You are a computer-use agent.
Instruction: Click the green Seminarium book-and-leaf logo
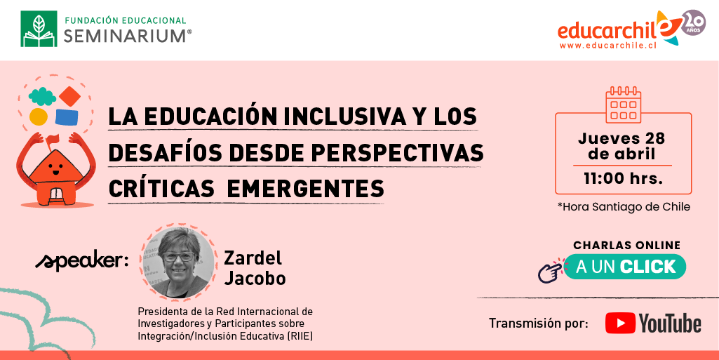[x=39, y=29]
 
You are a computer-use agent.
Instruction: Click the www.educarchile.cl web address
[x=609, y=46]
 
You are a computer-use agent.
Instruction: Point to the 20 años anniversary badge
[x=693, y=22]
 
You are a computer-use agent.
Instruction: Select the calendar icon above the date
[x=623, y=105]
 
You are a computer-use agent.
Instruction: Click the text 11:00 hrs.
[x=623, y=178]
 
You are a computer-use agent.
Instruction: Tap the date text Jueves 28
[x=621, y=138]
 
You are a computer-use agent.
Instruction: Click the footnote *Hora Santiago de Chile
[x=624, y=207]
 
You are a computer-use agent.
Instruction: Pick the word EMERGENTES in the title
[x=305, y=189]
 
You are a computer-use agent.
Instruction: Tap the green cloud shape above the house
[x=42, y=96]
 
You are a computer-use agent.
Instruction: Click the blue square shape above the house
[x=67, y=117]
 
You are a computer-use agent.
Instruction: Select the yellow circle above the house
[x=39, y=117]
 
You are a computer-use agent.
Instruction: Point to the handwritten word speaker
[x=82, y=261]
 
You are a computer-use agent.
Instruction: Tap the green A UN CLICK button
[x=624, y=267]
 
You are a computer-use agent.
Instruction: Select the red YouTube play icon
[x=620, y=323]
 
